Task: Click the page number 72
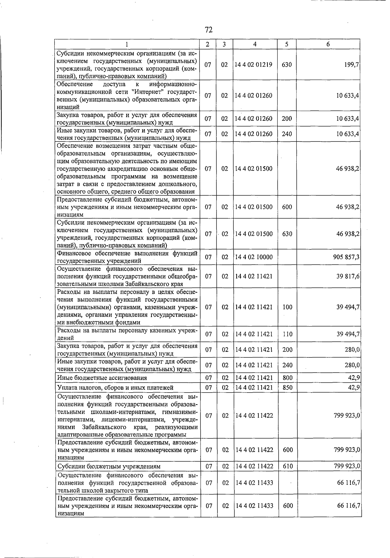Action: click(209, 30)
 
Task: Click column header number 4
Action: click(255, 44)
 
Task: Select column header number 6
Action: click(328, 44)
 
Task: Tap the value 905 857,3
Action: click(346, 257)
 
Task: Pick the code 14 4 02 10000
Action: click(254, 257)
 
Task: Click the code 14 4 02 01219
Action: click(254, 65)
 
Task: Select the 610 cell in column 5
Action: click(288, 466)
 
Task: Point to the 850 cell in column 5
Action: click(288, 388)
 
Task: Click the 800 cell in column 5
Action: click(288, 378)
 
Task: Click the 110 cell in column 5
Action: click(288, 334)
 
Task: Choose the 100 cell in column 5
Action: click(288, 307)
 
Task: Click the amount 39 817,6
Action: click(348, 276)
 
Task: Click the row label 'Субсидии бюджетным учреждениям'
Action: click(109, 467)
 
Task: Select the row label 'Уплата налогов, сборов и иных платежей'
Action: click(115, 388)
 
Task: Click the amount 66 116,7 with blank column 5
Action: click(348, 483)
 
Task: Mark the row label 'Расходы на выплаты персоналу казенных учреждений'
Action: click(127, 334)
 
